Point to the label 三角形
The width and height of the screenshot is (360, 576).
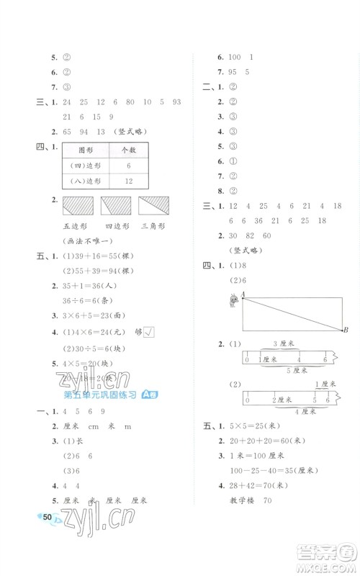tap(153, 226)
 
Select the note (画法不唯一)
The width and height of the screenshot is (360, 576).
tap(84, 240)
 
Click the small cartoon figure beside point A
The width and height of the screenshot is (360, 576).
tap(233, 301)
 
